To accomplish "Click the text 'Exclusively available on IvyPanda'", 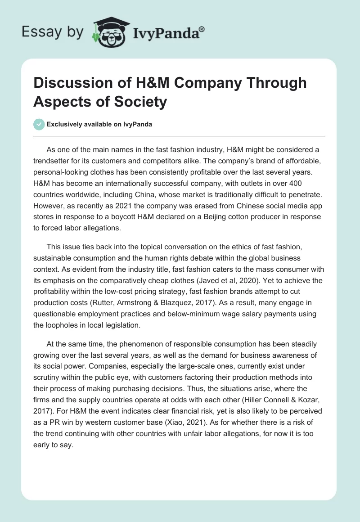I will coord(99,125).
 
